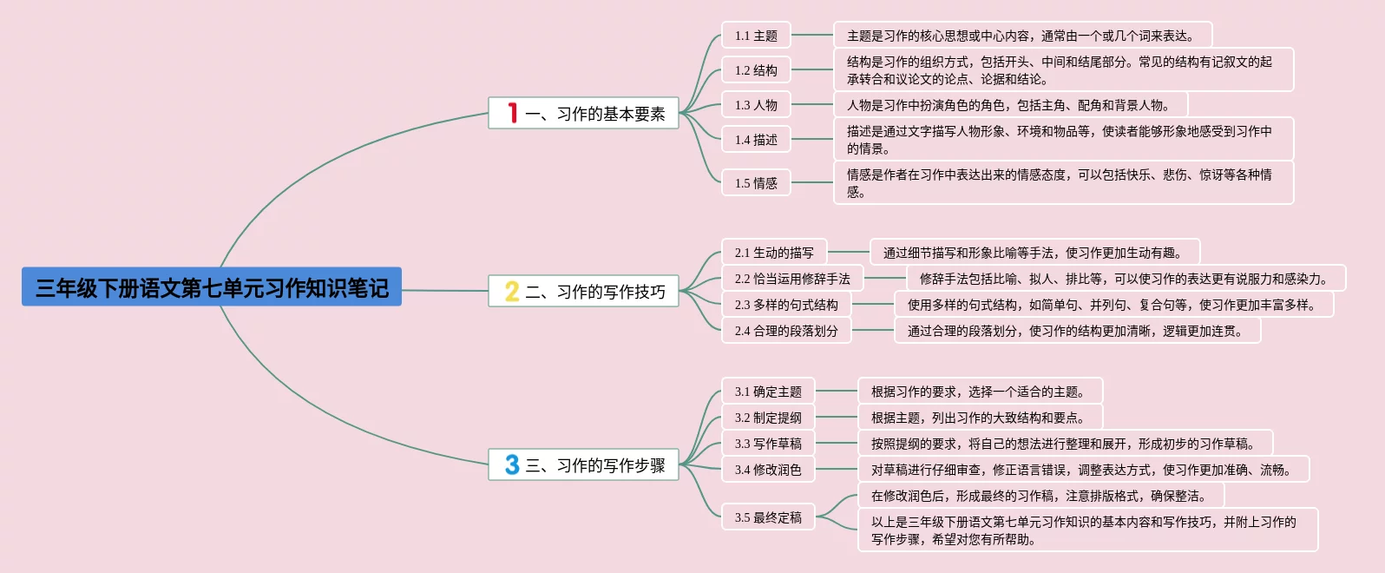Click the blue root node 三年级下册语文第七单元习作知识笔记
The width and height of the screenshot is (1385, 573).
[212, 287]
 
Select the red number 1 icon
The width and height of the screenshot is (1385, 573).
[513, 113]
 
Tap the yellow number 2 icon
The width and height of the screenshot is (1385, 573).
[512, 292]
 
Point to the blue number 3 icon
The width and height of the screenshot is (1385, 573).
[512, 465]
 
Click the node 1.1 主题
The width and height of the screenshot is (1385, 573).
[756, 36]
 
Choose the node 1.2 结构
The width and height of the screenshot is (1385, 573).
[756, 70]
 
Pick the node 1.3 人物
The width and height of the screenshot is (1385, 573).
[756, 105]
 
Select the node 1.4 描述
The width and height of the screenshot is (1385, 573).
[756, 140]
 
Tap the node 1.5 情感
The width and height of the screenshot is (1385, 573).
[756, 183]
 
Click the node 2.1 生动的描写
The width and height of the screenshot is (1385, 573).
[774, 253]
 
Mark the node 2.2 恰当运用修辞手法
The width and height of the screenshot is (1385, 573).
[792, 279]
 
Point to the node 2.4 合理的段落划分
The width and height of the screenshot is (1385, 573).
[786, 331]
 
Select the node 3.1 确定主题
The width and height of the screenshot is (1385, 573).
[768, 392]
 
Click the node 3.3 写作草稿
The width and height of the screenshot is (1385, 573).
[768, 444]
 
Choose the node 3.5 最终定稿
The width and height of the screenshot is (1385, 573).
[768, 517]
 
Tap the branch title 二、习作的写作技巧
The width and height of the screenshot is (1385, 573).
[595, 292]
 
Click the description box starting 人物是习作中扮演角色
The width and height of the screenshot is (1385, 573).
[1010, 105]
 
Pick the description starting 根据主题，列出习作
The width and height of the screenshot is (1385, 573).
[980, 418]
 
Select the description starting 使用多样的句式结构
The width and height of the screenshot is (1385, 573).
[1113, 305]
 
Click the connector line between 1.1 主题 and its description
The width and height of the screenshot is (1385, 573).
[812, 36]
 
